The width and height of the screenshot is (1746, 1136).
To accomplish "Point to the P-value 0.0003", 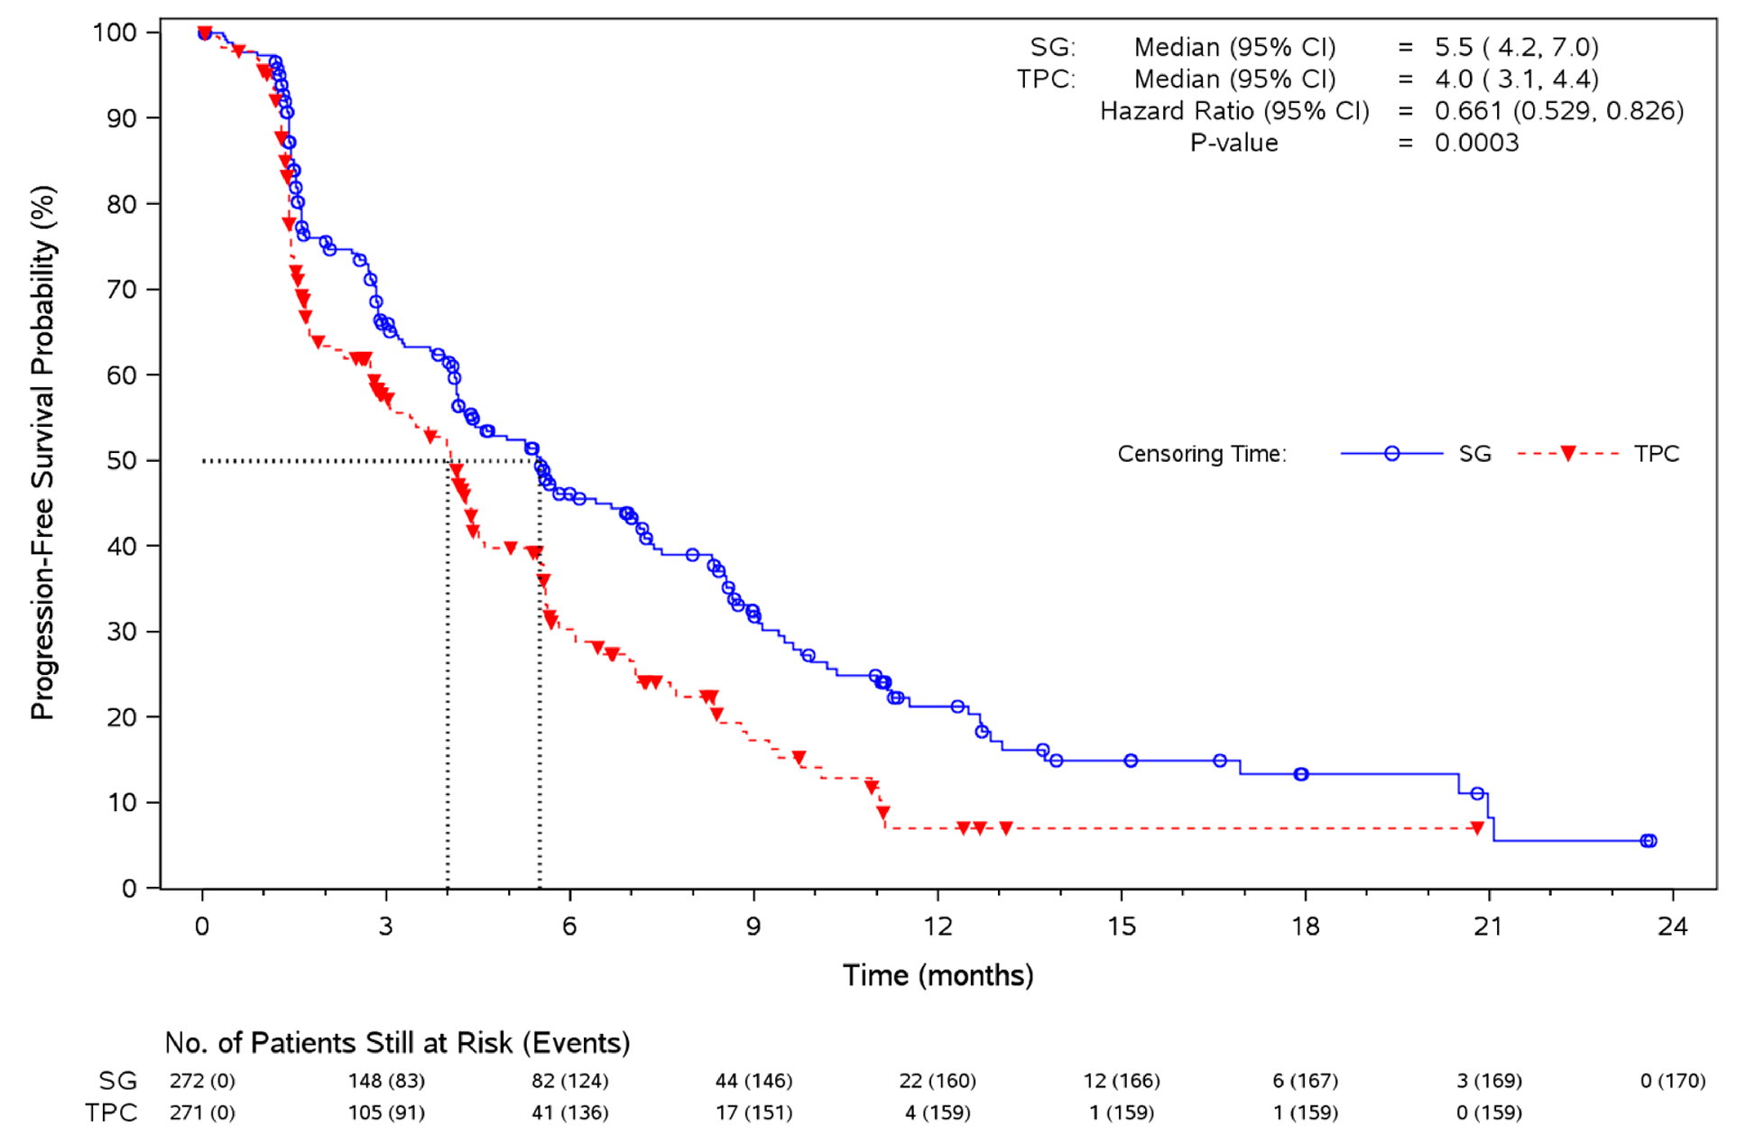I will (x=1476, y=143).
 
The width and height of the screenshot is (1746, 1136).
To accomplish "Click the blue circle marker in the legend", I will (x=1391, y=453).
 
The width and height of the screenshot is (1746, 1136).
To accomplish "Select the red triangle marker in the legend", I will (x=1567, y=453).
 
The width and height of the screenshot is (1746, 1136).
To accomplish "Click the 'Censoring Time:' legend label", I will (x=1201, y=453).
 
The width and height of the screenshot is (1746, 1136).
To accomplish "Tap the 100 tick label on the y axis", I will (x=115, y=32).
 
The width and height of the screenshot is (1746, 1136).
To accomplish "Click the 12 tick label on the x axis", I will (x=938, y=927).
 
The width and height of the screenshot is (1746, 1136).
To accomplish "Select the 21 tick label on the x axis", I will (x=1488, y=927).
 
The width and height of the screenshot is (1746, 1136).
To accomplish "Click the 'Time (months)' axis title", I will (x=938, y=975).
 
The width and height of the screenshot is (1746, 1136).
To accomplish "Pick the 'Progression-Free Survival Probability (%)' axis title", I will (x=42, y=452).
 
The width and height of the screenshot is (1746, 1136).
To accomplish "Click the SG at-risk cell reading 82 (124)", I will (x=569, y=1080).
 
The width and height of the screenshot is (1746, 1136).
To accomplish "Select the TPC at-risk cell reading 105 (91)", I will (x=386, y=1113).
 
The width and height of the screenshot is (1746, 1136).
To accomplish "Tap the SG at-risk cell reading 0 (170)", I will (x=1672, y=1080).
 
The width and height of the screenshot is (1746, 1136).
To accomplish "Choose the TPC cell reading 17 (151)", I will (x=753, y=1113).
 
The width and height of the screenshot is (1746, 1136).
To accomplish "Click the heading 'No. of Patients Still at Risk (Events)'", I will (x=397, y=1043).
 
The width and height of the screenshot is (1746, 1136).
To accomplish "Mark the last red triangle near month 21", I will (x=1477, y=828).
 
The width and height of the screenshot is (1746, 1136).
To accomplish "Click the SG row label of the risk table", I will (x=118, y=1080).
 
